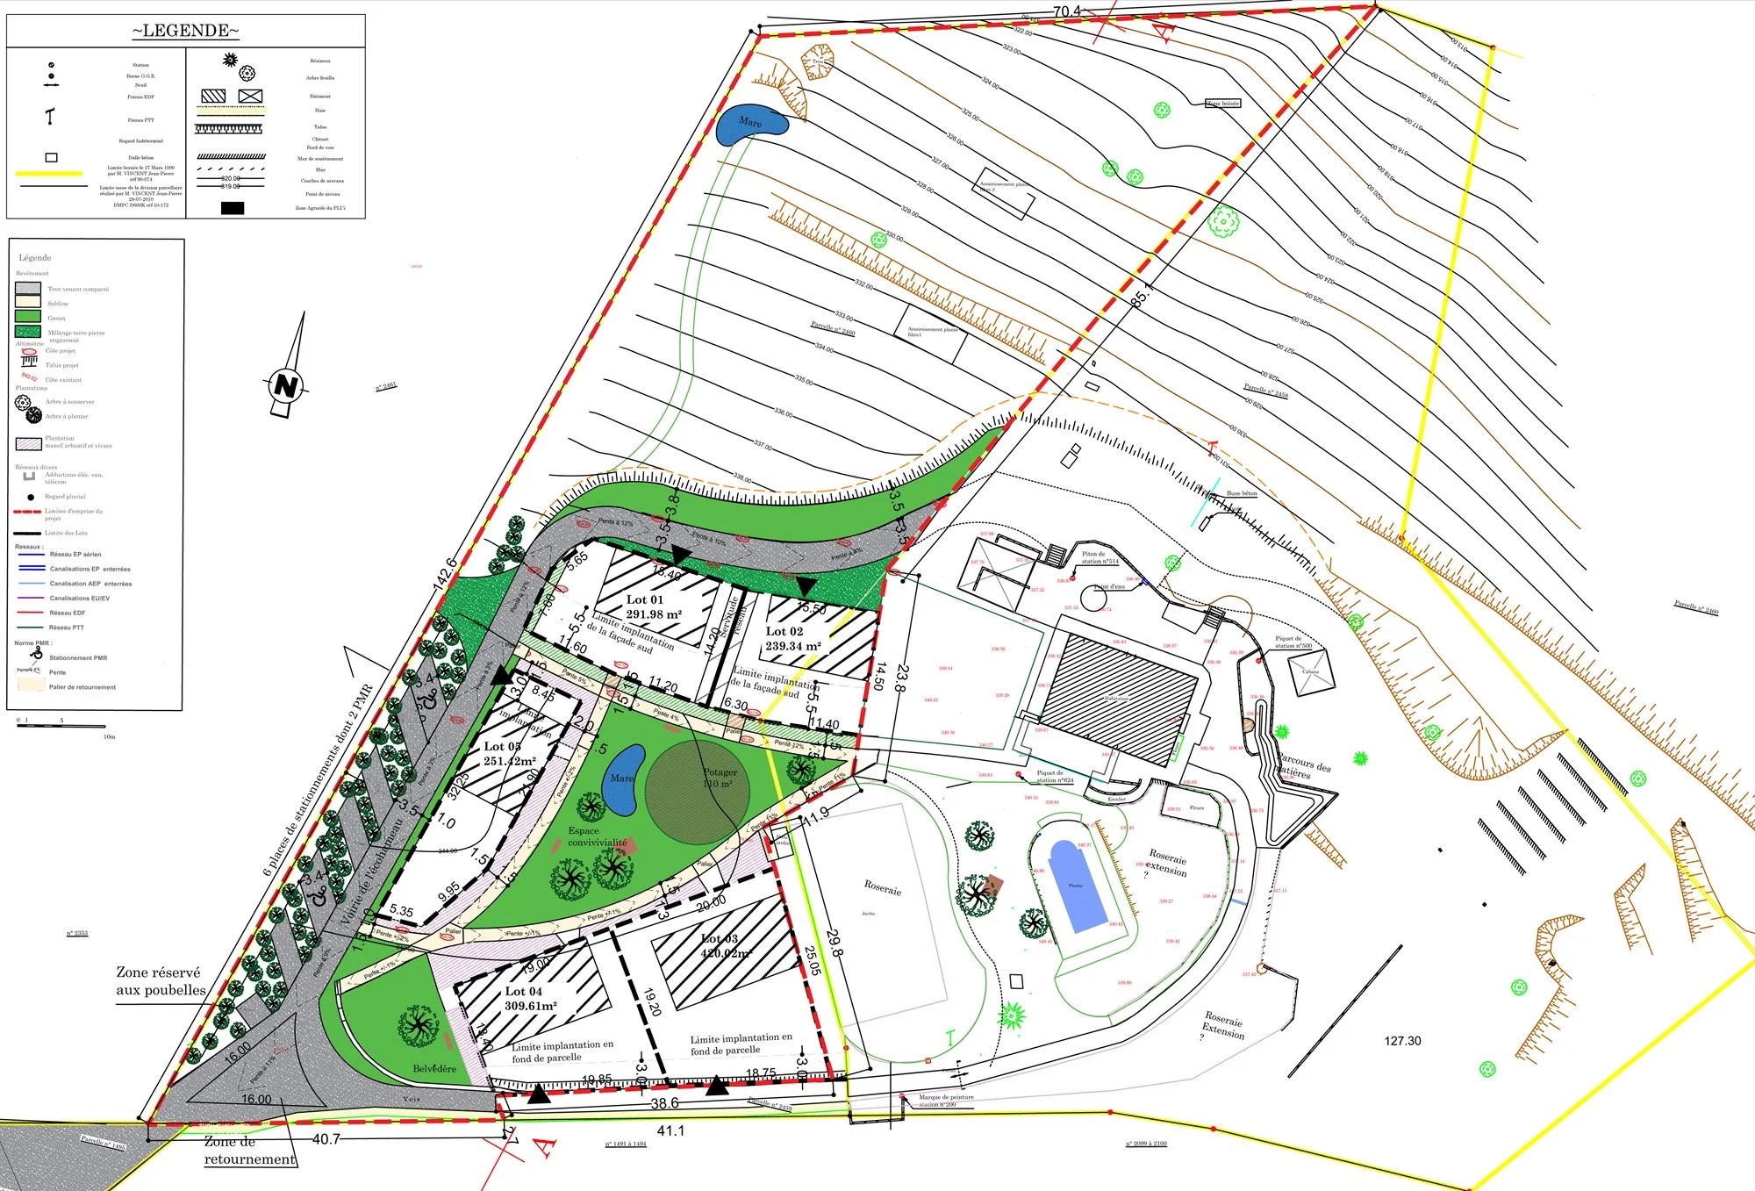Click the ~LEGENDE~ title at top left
point(185,31)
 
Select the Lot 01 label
point(645,599)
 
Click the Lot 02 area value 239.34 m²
point(793,646)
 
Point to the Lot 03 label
point(720,939)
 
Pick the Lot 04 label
point(523,992)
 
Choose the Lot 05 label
point(502,747)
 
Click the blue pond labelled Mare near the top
point(750,125)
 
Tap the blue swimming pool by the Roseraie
point(1076,886)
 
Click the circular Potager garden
point(698,792)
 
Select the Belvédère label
point(434,1069)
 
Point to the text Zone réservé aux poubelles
point(161,981)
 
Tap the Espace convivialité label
point(597,836)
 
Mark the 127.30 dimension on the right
point(1402,1041)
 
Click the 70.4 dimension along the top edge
point(1066,11)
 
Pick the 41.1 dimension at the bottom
point(670,1131)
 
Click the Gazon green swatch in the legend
point(28,317)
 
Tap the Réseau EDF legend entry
point(68,613)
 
